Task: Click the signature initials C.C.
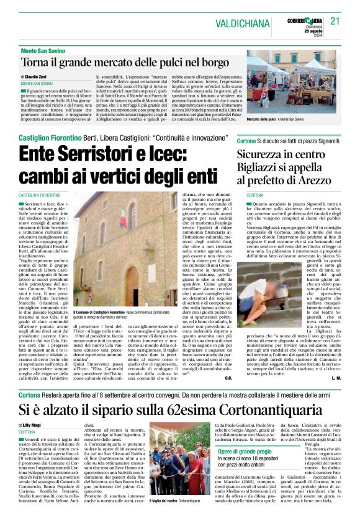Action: click(x=228, y=377)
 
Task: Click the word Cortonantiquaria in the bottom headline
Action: click(x=264, y=410)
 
